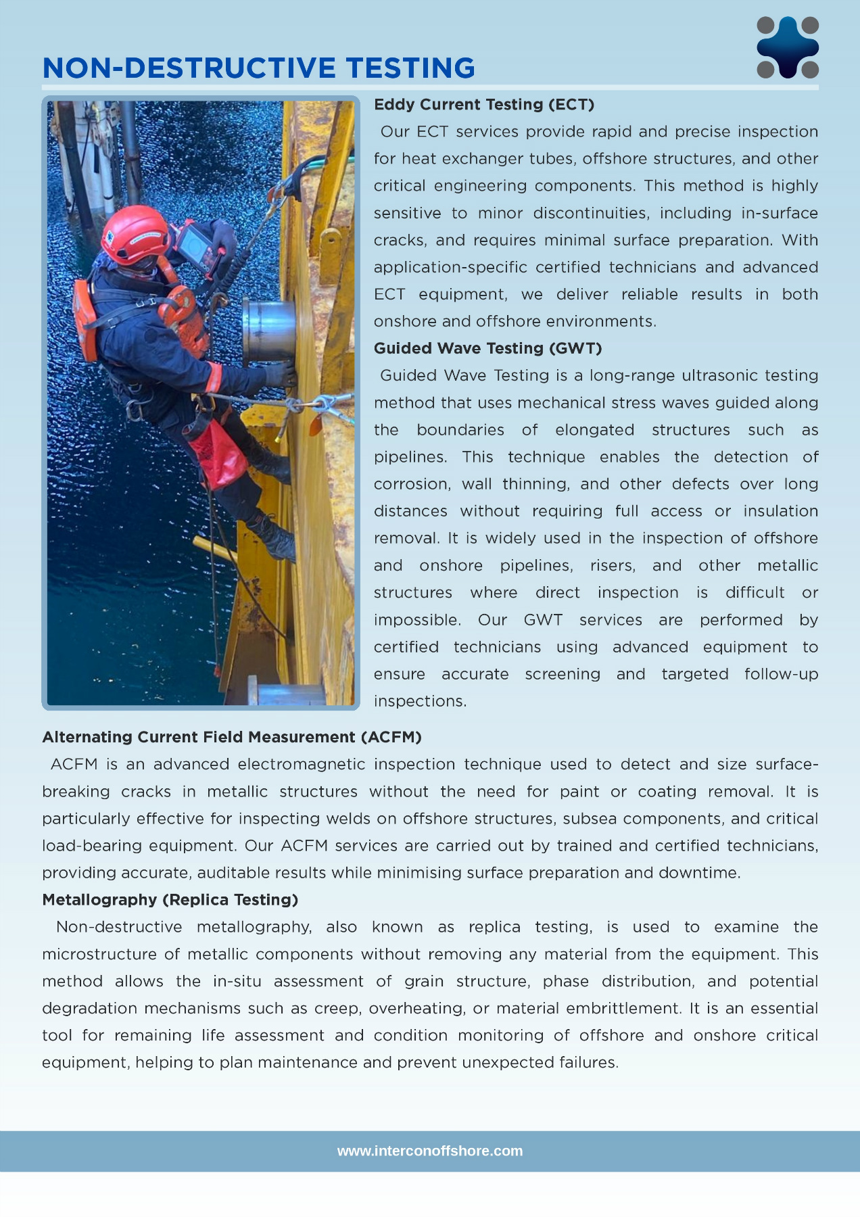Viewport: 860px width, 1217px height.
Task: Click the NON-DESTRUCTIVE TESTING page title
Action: click(x=259, y=68)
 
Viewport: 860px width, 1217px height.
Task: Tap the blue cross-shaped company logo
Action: click(x=788, y=47)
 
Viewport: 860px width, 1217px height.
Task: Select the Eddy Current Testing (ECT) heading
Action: click(x=484, y=105)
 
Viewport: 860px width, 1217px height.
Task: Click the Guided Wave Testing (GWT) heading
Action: click(x=487, y=348)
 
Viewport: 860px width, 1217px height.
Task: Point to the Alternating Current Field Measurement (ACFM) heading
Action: click(x=232, y=737)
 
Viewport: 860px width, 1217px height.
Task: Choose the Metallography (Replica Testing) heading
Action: click(x=170, y=900)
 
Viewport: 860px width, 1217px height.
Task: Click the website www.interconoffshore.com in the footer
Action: click(x=430, y=1151)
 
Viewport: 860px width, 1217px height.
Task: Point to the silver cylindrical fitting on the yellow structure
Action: click(x=268, y=330)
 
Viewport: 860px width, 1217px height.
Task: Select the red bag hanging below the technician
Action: click(x=218, y=454)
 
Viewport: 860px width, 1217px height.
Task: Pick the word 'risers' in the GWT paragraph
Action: click(x=613, y=566)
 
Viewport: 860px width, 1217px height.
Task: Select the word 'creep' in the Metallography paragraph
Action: click(x=337, y=1009)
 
